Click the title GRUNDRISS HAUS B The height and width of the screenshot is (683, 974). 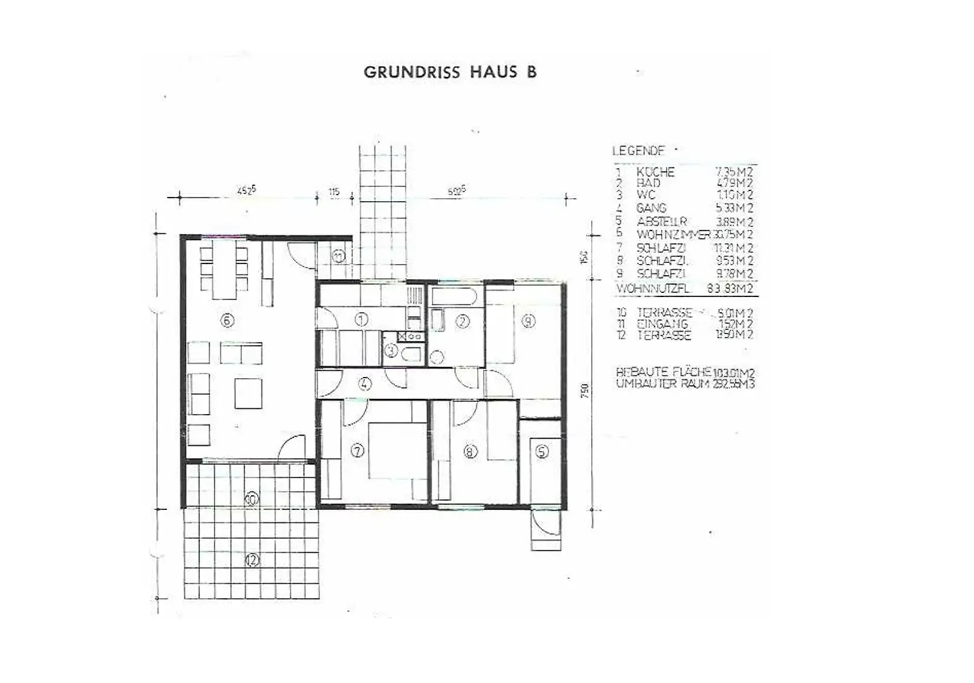click(x=450, y=72)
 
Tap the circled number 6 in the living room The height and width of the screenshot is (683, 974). click(x=227, y=320)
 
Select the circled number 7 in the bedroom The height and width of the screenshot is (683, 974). click(x=358, y=451)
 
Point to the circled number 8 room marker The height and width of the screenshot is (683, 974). click(x=470, y=452)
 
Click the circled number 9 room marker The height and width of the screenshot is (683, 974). click(x=528, y=321)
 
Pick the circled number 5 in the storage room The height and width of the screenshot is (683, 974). click(x=542, y=452)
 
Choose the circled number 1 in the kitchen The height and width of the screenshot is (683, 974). click(x=361, y=320)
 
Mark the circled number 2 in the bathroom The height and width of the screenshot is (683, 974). click(x=463, y=322)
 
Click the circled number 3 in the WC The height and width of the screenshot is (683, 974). click(x=391, y=349)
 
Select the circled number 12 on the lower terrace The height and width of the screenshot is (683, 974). click(x=252, y=560)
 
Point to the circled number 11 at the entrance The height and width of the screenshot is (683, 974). click(x=339, y=256)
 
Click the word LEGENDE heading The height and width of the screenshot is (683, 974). click(x=638, y=151)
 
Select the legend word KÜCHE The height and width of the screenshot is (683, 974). click(x=655, y=172)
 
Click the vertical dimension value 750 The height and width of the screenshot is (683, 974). click(x=585, y=391)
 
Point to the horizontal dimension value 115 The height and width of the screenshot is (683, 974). click(x=334, y=191)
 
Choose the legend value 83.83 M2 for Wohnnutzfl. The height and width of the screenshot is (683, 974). click(x=730, y=289)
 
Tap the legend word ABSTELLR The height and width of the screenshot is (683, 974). click(x=661, y=222)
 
